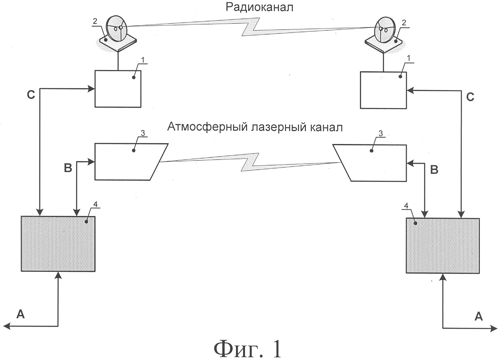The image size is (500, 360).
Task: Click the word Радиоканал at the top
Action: pos(259,7)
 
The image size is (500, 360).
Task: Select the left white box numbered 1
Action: pos(118,89)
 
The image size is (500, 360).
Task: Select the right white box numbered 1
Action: pos(383,90)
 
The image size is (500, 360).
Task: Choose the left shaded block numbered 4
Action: pos(58,244)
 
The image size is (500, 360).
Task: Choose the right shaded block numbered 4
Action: pos(443,246)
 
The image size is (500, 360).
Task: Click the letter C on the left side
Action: pos(31,95)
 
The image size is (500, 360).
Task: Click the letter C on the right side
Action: pos(470,97)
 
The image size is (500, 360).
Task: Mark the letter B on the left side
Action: pos(68,168)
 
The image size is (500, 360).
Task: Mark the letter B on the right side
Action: pos(434,170)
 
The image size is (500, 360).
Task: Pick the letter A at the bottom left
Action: pos(21,314)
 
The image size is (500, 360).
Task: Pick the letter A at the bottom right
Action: pos(478,317)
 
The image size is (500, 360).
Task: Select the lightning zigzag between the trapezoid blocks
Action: pos(250,162)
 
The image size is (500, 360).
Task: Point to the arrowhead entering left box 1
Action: pos(91,89)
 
